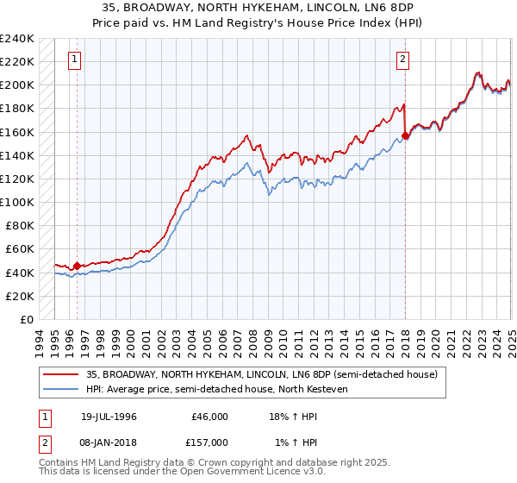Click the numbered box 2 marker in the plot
[402, 60]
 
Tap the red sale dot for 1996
[77, 266]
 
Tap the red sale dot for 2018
[405, 135]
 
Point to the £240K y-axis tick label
[17, 39]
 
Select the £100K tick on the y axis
[17, 203]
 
